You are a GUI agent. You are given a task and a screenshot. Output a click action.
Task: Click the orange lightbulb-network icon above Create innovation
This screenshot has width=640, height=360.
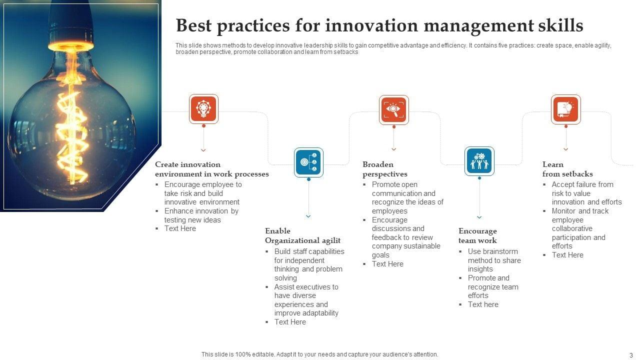coord(203,109)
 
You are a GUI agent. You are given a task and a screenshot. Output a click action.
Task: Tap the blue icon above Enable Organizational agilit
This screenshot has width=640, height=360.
coord(308,162)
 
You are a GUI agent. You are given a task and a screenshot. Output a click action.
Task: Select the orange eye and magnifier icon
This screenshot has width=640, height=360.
coord(393,109)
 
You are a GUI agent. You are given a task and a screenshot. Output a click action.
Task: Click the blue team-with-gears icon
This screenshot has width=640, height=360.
coord(479,161)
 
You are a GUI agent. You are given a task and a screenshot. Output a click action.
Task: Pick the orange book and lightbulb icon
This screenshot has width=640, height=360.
coord(565,109)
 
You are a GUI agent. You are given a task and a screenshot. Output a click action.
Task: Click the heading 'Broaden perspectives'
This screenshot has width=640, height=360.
coord(385,169)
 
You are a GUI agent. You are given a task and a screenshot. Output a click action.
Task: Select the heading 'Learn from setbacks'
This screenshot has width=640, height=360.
coord(567,169)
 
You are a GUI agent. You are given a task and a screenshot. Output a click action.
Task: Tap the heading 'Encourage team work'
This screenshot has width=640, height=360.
coord(477,235)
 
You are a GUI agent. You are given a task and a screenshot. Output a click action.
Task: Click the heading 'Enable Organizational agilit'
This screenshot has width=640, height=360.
coord(302,235)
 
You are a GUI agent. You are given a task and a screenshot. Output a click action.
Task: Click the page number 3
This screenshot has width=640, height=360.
coord(631,355)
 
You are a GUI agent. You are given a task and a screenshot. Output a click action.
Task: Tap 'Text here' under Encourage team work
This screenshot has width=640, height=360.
coord(483,304)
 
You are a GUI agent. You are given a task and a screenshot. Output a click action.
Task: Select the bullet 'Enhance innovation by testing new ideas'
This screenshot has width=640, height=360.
coord(201,215)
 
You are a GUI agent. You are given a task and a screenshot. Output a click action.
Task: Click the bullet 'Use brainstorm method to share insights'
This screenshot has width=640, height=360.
coord(494,260)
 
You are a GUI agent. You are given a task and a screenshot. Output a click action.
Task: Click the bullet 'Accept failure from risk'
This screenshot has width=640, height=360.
coord(582,189)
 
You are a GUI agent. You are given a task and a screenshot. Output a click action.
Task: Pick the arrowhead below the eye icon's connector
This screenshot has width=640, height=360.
coord(393,149)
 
